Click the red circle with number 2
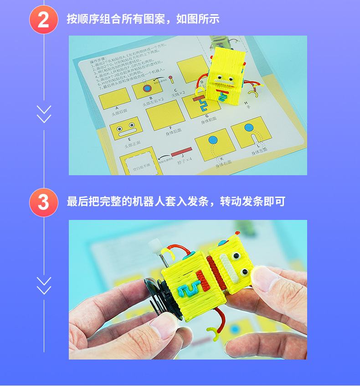coord(43,20)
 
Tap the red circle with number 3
coord(43,202)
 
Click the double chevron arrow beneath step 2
coord(44,114)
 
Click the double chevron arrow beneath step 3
coord(44,285)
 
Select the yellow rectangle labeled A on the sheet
coord(114,96)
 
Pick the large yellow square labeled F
coord(165,115)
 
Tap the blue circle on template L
coord(249,127)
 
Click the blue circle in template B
coord(147,88)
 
